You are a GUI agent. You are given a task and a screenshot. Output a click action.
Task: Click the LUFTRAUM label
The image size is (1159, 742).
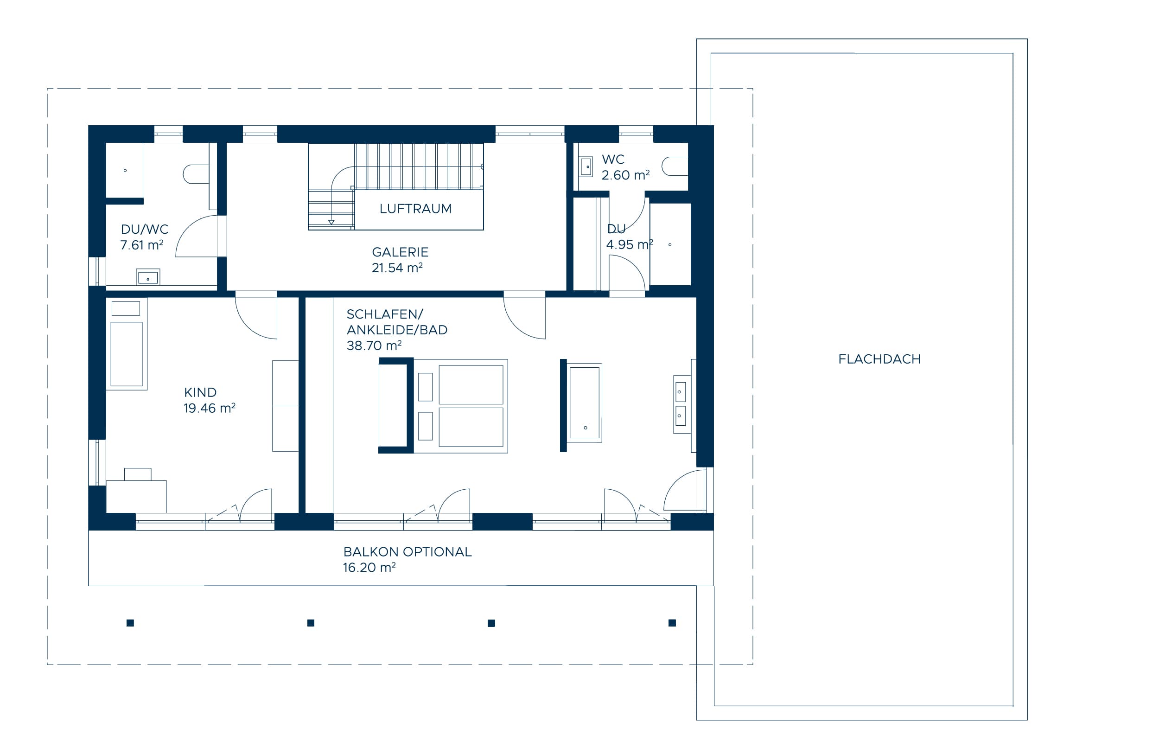415,209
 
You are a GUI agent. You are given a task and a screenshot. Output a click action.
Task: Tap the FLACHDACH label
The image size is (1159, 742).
879,359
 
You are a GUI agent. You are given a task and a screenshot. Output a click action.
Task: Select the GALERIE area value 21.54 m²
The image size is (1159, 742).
397,268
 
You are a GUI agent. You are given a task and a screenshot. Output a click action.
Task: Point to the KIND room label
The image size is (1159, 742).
200,392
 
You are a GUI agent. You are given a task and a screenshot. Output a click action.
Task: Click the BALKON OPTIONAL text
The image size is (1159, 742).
408,552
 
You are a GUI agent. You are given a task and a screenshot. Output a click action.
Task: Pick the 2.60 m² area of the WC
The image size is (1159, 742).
625,175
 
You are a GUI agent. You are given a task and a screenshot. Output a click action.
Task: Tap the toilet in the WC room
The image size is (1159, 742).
675,166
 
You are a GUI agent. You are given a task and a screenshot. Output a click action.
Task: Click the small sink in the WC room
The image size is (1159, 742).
586,166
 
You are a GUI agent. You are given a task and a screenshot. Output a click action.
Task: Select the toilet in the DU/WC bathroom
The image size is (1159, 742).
196,174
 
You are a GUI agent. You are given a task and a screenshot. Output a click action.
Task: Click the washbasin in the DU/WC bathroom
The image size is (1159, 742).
148,277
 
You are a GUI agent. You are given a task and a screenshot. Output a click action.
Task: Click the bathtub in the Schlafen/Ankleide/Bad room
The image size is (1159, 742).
585,403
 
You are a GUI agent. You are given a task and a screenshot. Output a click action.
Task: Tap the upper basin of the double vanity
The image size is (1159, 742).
681,392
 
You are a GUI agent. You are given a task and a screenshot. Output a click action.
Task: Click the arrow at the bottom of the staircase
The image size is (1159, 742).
331,222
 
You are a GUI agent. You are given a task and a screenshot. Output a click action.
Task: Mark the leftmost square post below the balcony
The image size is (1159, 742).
130,623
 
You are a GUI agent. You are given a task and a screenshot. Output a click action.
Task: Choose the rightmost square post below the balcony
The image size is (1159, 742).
672,623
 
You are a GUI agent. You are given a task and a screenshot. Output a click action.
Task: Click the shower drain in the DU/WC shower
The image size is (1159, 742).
125,171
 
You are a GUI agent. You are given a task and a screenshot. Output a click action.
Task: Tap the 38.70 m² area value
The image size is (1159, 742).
374,345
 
